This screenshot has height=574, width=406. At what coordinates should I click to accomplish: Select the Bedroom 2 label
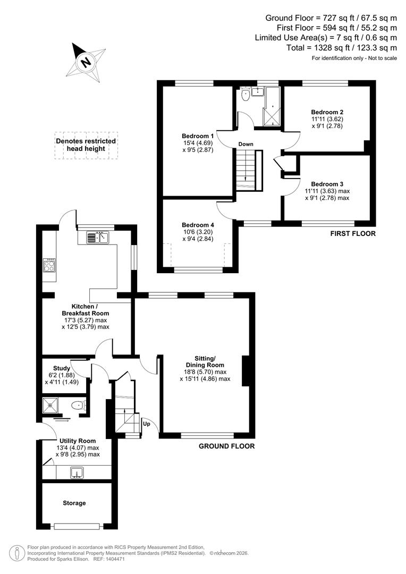tap(327, 112)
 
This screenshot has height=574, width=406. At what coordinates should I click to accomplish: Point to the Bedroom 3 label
tap(327, 183)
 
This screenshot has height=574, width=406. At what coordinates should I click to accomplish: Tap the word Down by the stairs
tap(246, 144)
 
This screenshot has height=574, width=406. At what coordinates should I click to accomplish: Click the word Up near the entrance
tap(146, 424)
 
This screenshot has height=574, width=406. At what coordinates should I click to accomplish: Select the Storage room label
tap(74, 503)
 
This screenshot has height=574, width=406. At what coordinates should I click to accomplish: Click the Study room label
tap(62, 368)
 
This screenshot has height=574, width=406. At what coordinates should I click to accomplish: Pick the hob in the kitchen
tap(49, 265)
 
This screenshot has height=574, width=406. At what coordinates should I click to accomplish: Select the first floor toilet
tap(246, 95)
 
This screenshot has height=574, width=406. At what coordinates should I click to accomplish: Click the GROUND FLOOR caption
tap(226, 446)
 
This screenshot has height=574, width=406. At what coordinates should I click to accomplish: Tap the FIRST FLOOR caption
tap(353, 233)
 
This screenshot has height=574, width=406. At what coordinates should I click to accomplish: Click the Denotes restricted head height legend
tap(86, 145)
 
